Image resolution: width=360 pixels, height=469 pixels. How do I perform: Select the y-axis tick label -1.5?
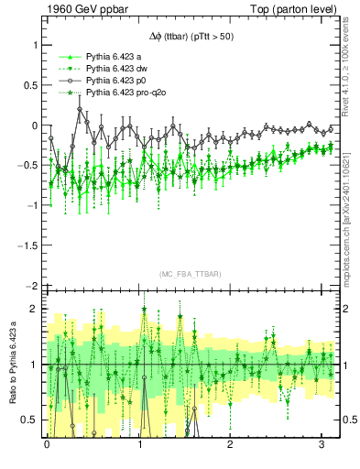[26, 245]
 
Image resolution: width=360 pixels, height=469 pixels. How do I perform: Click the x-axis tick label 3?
[322, 444]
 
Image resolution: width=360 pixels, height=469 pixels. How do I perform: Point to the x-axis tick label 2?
[230, 444]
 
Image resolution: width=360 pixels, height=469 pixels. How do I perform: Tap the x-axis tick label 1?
[138, 444]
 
